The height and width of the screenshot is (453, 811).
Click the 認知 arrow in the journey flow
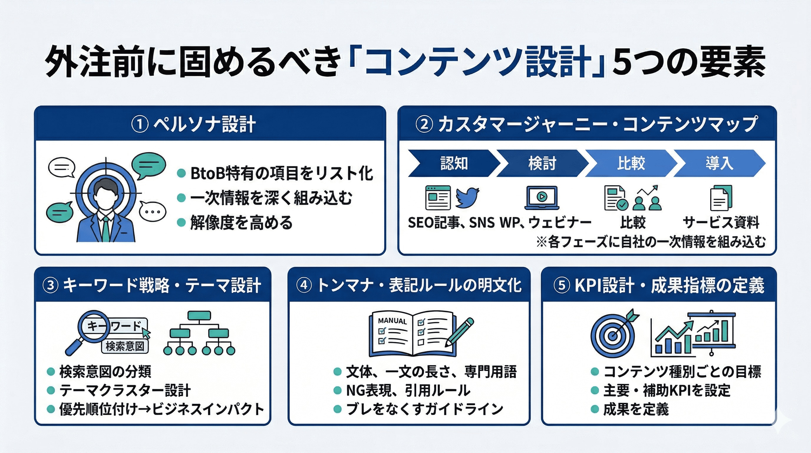(x=453, y=163)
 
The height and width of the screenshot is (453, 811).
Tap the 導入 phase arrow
(x=719, y=163)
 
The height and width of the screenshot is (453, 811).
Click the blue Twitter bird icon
(x=467, y=198)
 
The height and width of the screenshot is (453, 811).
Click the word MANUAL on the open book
(x=392, y=321)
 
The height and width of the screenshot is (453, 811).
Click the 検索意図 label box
(x=125, y=346)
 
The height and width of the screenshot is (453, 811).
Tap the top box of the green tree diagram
(x=199, y=315)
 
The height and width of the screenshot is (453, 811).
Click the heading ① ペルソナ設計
(x=194, y=124)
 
